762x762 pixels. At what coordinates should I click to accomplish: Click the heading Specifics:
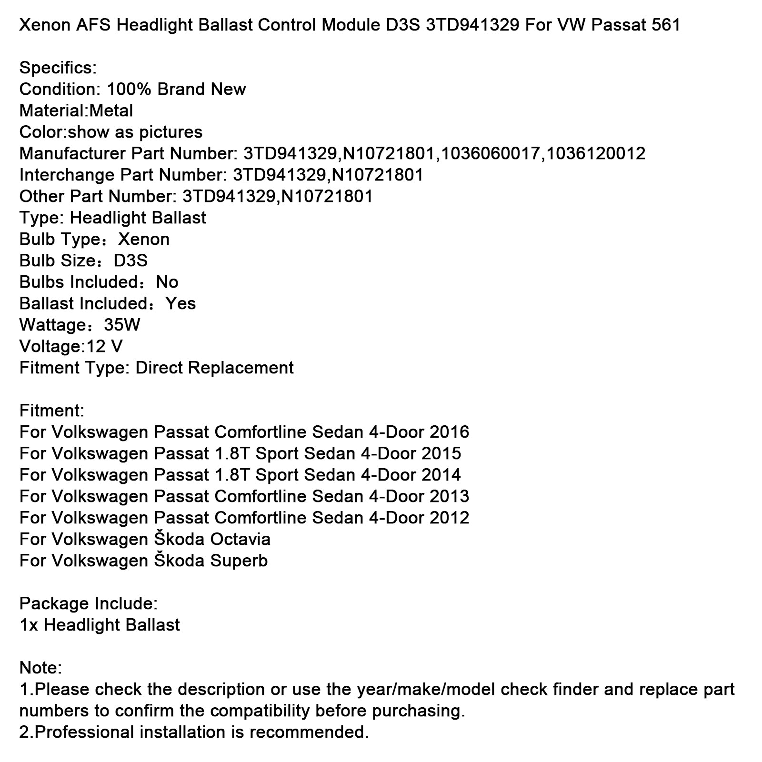[58, 68]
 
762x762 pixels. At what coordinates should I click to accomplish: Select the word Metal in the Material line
[111, 110]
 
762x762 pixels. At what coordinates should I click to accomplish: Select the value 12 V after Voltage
[104, 346]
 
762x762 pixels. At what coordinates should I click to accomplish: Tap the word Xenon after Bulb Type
[144, 239]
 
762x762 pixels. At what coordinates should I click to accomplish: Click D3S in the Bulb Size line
[130, 261]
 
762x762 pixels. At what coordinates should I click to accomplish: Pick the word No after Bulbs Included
[167, 282]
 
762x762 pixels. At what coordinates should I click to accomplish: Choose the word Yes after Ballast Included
[180, 303]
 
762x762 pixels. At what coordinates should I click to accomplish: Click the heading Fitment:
[52, 411]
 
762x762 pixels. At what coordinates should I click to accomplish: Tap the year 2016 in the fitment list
[449, 432]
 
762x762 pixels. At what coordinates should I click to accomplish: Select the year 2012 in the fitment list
[449, 518]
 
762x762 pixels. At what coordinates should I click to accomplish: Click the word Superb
[239, 561]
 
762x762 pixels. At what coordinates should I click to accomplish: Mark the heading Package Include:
[88, 603]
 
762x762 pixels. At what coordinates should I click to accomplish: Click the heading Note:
[40, 668]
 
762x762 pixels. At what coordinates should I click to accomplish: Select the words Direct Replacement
[214, 368]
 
